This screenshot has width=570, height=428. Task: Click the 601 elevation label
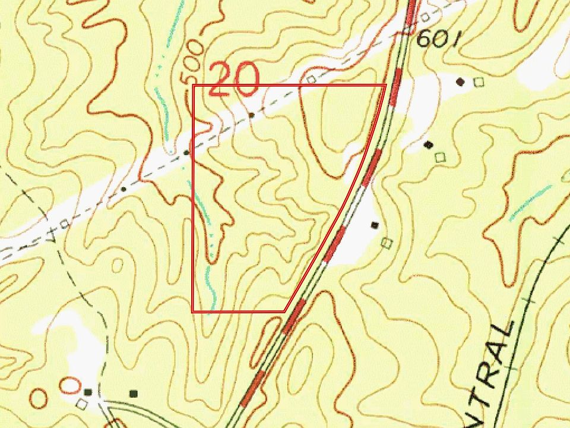(438, 39)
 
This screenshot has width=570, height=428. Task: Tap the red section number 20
(234, 80)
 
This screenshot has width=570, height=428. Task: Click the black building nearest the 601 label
(460, 81)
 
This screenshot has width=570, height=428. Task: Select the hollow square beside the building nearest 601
(479, 82)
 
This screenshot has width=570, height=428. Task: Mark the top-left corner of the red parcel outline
(194, 86)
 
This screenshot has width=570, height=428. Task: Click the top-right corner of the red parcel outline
(386, 86)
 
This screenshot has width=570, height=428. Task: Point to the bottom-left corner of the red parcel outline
(192, 310)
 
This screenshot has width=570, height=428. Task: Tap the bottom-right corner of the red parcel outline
(286, 310)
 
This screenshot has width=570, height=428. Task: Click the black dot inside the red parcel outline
(252, 114)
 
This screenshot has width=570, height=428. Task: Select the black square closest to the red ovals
(88, 392)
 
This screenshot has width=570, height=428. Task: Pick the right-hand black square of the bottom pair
(134, 393)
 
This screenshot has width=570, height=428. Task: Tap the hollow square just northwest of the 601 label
(425, 17)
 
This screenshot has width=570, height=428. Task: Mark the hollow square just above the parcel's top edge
(311, 79)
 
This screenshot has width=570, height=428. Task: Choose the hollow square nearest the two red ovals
(82, 404)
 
